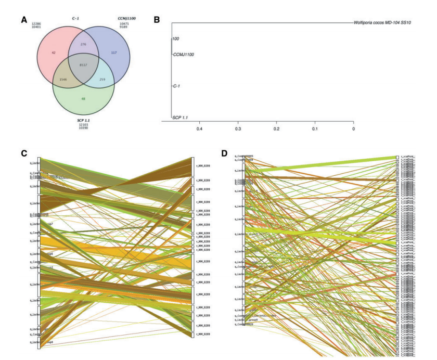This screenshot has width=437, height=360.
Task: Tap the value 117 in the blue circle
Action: [115, 53]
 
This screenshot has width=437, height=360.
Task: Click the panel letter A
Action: [23, 20]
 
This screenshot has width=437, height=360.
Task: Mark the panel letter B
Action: [157, 20]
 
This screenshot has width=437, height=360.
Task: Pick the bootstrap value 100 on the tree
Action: [176, 39]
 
